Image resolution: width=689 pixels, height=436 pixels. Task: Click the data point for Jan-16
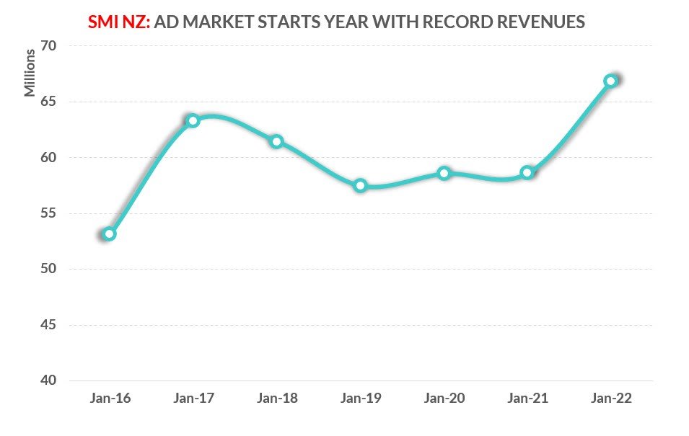pos(109,233)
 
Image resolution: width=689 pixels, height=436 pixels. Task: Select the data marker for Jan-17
pos(193,120)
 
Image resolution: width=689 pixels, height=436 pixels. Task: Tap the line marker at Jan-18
pos(276,141)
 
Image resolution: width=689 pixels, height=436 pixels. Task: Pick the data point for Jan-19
pos(361,186)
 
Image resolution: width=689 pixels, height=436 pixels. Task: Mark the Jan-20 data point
pos(444,173)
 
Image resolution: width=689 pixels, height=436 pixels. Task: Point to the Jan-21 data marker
pos(527,172)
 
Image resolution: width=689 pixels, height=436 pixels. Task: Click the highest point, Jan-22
pos(611,81)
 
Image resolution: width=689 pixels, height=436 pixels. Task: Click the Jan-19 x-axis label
pos(361,399)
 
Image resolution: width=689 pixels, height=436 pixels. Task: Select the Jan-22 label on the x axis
pos(612,399)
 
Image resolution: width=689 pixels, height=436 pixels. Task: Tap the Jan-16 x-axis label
pos(109,399)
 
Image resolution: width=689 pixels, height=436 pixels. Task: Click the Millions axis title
pos(30,72)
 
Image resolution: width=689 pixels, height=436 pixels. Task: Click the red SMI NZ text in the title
pos(118,22)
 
